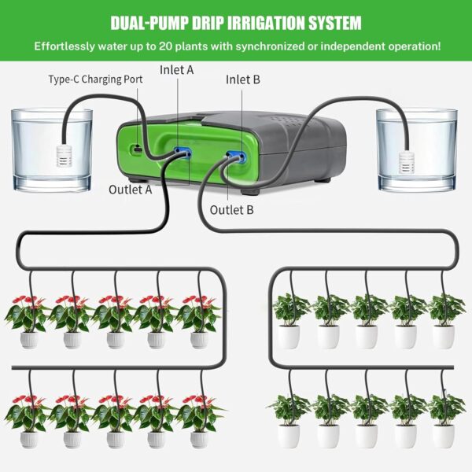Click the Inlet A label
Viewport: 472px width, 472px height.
click(x=177, y=70)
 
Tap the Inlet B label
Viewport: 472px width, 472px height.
click(x=243, y=79)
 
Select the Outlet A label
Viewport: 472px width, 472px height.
click(x=130, y=189)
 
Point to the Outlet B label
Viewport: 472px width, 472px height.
click(x=232, y=209)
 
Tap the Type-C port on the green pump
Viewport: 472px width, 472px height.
click(x=137, y=149)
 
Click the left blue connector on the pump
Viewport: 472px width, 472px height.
click(x=183, y=149)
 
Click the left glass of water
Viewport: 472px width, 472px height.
click(x=52, y=149)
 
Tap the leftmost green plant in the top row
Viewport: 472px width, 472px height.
click(x=289, y=319)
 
